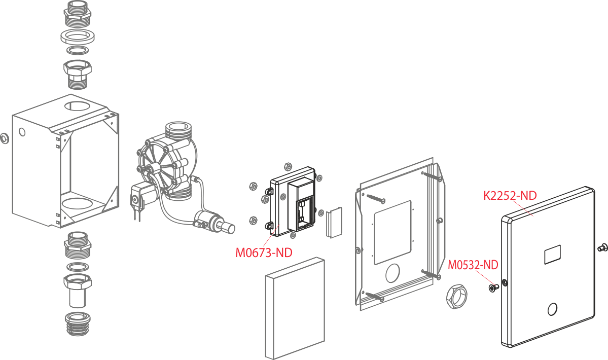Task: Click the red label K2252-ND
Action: (x=510, y=195)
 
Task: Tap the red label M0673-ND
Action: (x=264, y=252)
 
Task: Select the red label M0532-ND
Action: (x=473, y=265)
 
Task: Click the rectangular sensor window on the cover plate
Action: (x=552, y=254)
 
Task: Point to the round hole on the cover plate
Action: (x=553, y=308)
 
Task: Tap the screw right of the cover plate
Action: (x=602, y=247)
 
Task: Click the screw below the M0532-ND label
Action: (x=492, y=288)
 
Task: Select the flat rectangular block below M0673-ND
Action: (x=295, y=308)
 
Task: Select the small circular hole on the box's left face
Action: (x=22, y=132)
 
